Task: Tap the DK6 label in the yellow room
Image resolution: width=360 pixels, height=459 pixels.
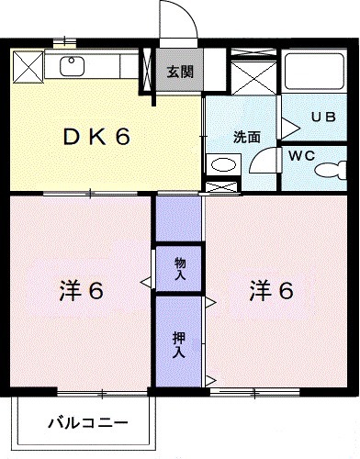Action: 96,138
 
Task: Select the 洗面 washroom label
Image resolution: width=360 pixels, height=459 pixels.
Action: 245,137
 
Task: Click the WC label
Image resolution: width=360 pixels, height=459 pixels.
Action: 302,156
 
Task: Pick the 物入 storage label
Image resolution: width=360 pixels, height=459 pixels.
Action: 180,268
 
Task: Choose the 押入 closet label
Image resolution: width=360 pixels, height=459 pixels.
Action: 180,343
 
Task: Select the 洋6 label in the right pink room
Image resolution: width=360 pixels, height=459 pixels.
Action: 271,291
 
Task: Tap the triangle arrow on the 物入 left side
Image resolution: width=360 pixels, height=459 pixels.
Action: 145,281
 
